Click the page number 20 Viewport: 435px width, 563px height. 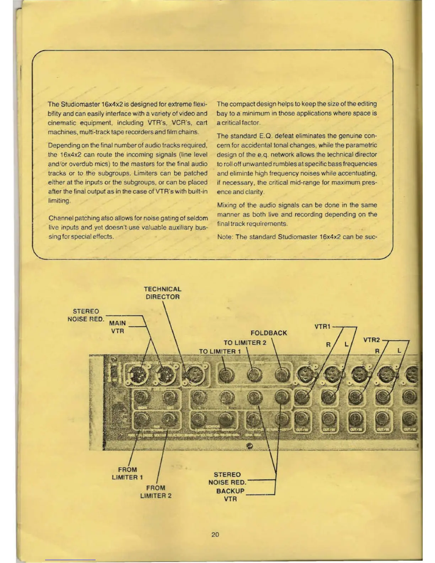coord(215,534)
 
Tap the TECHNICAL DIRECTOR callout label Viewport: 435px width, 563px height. coord(162,293)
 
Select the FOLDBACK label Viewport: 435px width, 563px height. coord(269,333)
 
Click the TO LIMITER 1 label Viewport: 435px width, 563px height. coord(220,352)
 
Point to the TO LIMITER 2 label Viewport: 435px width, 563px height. coord(245,343)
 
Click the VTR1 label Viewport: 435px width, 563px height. coord(322,326)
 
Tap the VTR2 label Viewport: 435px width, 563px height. coord(371,340)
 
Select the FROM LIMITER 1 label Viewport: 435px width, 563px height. coord(127,473)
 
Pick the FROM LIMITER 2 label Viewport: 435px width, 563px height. coord(156,492)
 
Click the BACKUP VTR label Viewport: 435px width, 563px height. coord(230,495)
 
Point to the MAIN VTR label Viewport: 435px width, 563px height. coord(117,327)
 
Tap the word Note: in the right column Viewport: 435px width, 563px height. coord(225,237)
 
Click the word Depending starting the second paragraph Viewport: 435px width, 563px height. coord(64,145)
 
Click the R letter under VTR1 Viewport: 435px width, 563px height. coord(328,344)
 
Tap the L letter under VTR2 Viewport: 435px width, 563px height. coord(399,351)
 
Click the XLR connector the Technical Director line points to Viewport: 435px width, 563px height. coord(194,375)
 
